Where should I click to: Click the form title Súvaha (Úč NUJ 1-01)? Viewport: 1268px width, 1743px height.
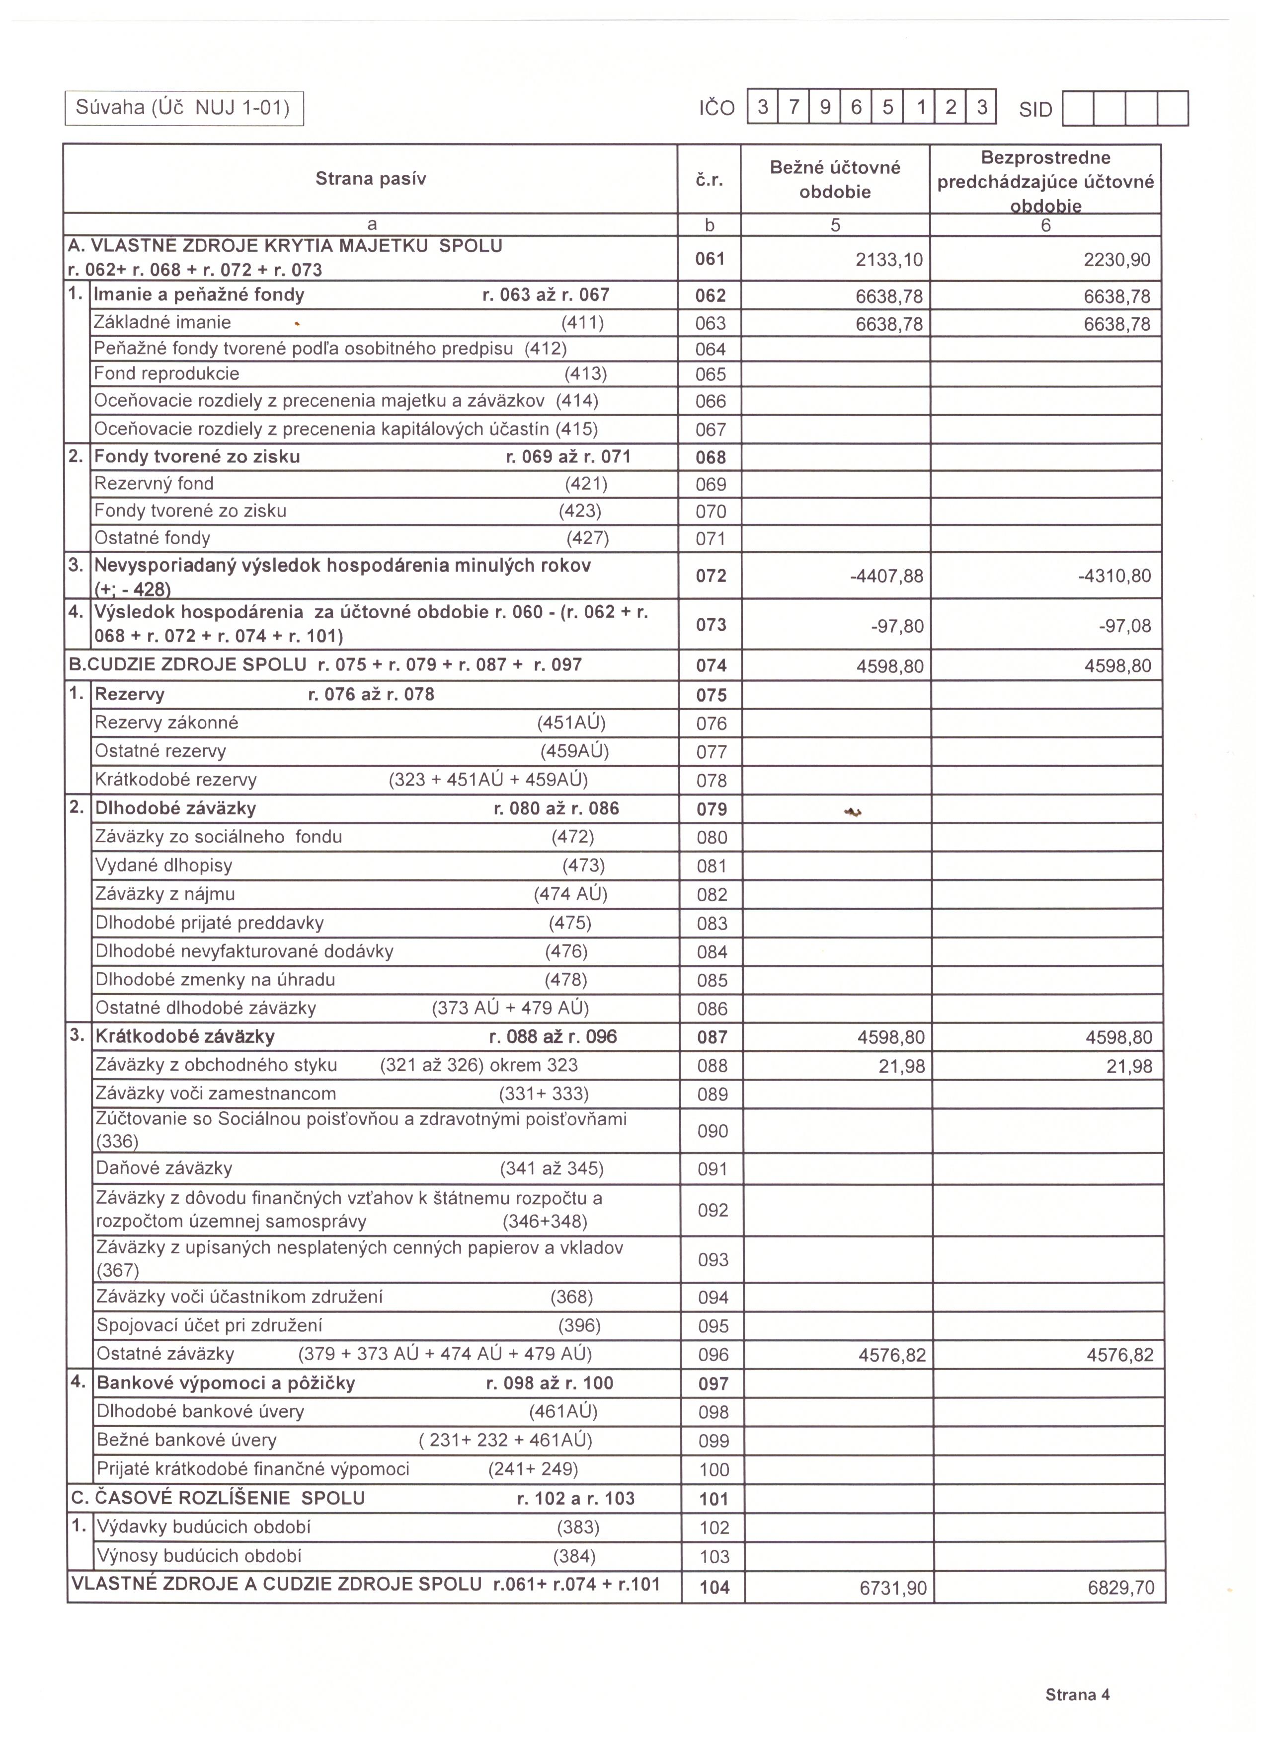pyautogui.click(x=183, y=108)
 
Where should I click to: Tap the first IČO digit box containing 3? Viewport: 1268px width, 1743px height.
pyautogui.click(x=762, y=108)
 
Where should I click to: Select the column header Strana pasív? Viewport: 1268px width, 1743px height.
pyautogui.click(x=371, y=179)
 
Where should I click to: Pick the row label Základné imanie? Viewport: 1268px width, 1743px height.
pyautogui.click(x=162, y=323)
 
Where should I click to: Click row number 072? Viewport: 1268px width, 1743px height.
pyautogui.click(x=711, y=576)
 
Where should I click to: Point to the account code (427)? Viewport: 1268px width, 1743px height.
pyautogui.click(x=587, y=538)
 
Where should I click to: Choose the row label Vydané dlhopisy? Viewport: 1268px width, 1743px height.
pyautogui.click(x=164, y=866)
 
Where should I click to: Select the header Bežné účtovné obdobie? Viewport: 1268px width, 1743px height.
pyautogui.click(x=835, y=179)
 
